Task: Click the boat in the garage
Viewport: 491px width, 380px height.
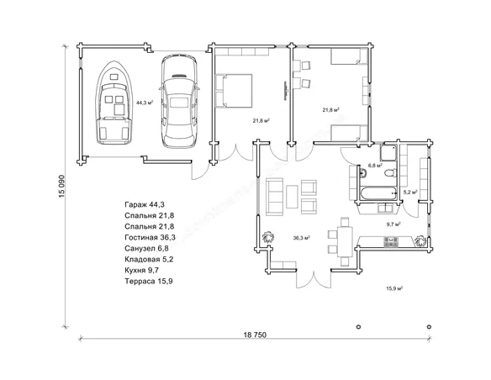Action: (113, 103)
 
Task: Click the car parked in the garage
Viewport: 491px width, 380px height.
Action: (179, 101)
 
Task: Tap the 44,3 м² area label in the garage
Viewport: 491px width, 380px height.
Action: (145, 103)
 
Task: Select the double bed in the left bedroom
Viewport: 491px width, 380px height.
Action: (234, 91)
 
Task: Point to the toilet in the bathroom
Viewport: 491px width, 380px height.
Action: (391, 172)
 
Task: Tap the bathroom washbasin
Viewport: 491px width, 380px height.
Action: (363, 172)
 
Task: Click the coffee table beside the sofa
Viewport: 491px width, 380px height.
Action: (292, 197)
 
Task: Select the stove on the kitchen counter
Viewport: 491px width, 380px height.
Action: (391, 241)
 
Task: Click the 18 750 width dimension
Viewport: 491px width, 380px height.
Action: (255, 335)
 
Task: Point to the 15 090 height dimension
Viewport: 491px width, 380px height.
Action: (61, 187)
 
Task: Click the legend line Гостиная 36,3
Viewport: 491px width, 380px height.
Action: (150, 237)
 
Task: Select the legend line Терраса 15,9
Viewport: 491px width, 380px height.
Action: (149, 281)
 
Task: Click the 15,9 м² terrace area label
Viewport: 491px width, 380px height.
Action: (394, 288)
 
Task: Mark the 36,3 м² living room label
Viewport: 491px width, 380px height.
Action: (302, 238)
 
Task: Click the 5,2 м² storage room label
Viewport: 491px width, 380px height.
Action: (410, 193)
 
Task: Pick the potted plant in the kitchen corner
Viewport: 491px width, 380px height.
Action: (420, 241)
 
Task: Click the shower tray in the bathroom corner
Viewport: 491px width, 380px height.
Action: (388, 152)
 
